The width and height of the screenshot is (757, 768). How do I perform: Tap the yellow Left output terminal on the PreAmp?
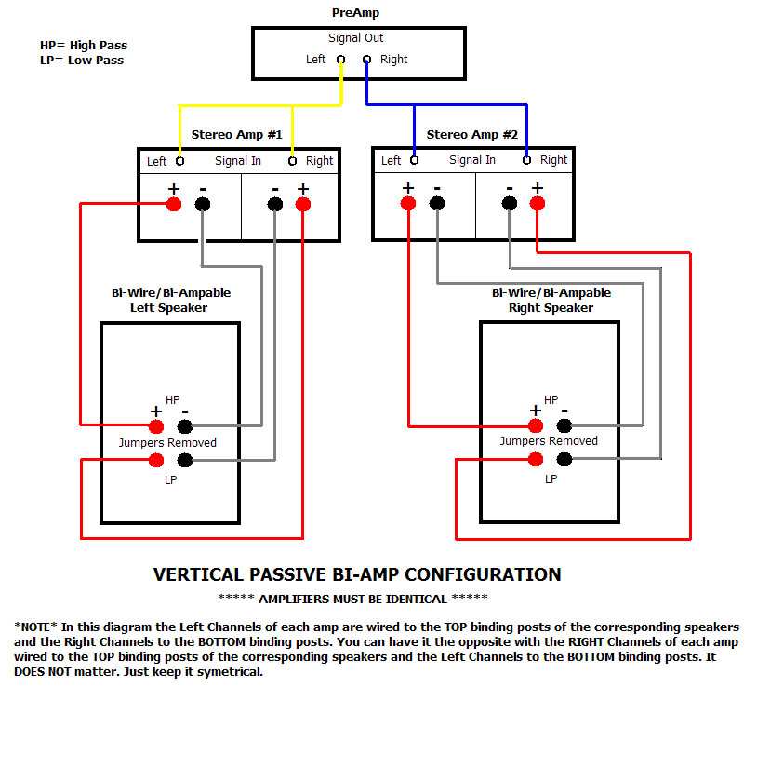[341, 60]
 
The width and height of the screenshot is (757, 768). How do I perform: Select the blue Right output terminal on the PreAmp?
[366, 60]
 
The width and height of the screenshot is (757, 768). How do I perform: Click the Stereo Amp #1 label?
[236, 134]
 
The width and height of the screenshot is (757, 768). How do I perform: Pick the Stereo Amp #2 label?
[471, 134]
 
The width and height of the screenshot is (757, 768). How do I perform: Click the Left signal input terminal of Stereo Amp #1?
[179, 161]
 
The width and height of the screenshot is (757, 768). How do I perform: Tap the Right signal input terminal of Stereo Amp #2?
[527, 160]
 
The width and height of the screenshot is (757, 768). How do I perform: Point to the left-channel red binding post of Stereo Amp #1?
[173, 204]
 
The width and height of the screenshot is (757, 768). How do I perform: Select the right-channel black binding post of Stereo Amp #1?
[275, 204]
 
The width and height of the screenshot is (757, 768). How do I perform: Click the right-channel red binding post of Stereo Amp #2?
[537, 204]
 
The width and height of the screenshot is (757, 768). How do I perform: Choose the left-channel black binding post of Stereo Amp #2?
[436, 204]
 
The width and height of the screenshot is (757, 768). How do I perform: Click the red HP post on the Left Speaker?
[156, 426]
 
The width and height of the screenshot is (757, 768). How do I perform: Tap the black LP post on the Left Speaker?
[185, 459]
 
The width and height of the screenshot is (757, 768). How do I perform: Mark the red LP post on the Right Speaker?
[536, 459]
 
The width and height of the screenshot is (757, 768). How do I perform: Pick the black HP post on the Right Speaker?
[564, 426]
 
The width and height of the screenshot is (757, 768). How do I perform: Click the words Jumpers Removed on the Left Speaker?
[167, 443]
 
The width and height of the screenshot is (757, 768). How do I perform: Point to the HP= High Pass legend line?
[84, 45]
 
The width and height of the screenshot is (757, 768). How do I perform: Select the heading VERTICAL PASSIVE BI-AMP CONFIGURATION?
[357, 574]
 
